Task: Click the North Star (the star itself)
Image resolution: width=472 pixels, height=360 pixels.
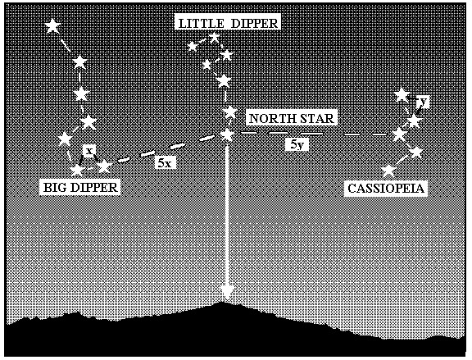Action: click(227, 134)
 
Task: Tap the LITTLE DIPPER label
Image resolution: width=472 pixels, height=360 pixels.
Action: click(228, 23)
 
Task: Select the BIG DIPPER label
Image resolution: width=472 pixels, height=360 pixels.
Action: click(80, 188)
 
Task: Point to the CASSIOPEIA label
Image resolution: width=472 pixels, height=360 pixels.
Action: click(386, 189)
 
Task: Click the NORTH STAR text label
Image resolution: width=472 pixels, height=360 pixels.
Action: click(292, 118)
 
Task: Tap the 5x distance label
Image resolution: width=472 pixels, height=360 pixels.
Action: click(165, 163)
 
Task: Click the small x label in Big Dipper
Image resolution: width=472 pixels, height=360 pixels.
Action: click(88, 151)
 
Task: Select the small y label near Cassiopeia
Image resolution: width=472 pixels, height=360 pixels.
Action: click(423, 102)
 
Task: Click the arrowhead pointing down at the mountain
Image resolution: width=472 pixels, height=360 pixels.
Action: click(227, 293)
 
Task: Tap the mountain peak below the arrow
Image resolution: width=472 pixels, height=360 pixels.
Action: click(222, 302)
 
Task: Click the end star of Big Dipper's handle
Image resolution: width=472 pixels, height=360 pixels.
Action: click(53, 26)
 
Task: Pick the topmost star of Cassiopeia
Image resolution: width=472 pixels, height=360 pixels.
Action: click(402, 94)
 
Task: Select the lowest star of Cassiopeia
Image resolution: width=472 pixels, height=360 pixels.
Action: click(388, 171)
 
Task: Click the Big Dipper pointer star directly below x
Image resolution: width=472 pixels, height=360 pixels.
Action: click(77, 171)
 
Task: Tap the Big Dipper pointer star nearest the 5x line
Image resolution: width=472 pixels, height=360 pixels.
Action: click(104, 166)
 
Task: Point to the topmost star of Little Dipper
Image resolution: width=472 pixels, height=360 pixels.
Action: click(215, 38)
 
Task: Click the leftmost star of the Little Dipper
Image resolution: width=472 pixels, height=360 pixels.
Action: click(192, 47)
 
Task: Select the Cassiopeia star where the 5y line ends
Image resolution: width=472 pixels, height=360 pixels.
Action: click(400, 134)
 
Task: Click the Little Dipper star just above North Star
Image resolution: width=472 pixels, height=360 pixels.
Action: click(230, 112)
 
